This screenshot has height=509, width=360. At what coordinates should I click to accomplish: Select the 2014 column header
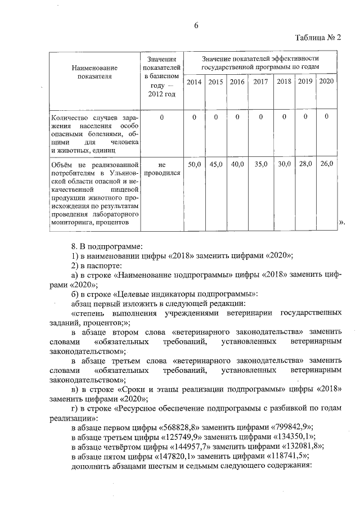(x=194, y=82)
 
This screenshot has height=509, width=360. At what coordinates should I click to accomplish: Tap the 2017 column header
(x=260, y=82)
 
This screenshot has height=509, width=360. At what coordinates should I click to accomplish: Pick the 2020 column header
(x=326, y=82)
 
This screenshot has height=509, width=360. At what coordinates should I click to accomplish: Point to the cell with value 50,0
(x=194, y=164)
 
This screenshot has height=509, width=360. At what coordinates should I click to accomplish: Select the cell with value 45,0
(x=216, y=164)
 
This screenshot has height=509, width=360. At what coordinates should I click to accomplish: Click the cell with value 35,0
(x=260, y=164)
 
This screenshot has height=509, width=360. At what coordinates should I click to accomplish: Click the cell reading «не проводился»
(x=162, y=169)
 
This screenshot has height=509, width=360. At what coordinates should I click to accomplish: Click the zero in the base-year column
(x=161, y=118)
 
